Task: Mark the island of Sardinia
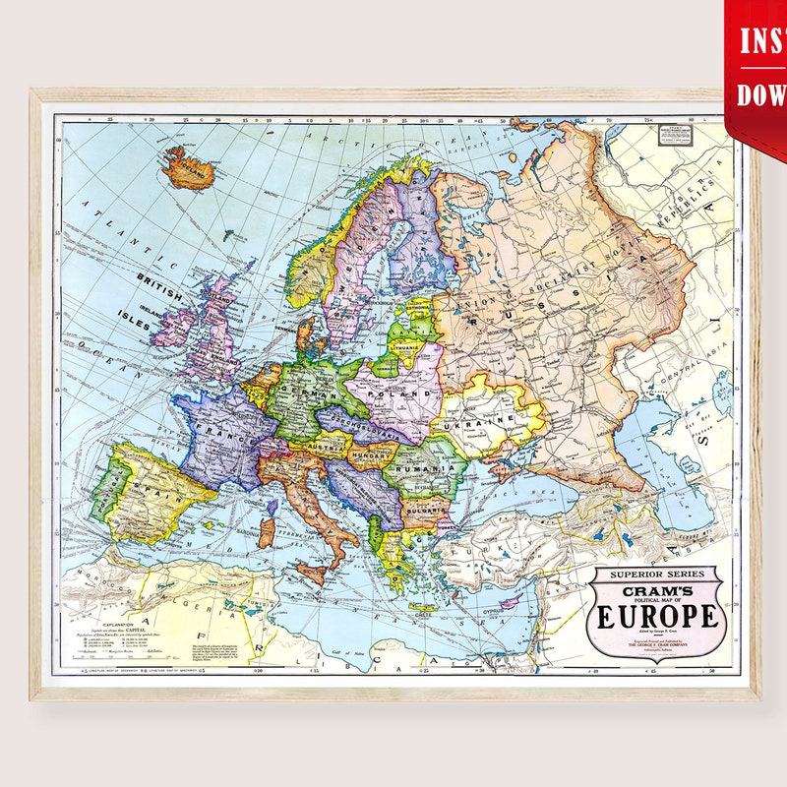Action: [266, 532]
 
